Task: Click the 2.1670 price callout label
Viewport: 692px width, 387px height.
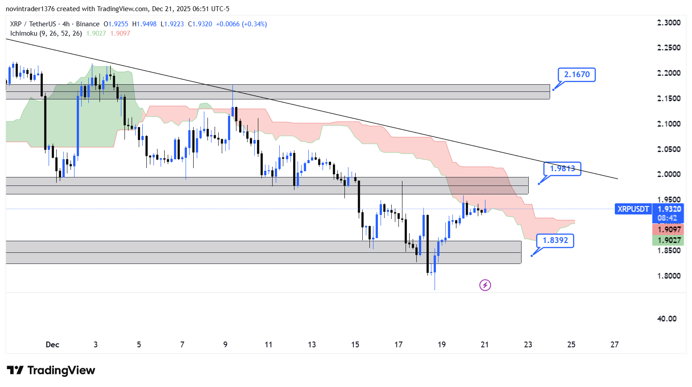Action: [x=576, y=74]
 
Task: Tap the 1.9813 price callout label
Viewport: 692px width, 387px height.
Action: [x=562, y=169]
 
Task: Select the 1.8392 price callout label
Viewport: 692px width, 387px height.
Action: [x=555, y=240]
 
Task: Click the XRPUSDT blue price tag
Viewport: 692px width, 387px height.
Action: [x=633, y=209]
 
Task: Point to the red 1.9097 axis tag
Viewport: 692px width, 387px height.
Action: [x=667, y=230]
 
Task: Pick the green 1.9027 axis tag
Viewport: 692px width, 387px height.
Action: [x=667, y=240]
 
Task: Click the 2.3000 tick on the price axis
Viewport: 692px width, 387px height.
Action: [x=669, y=23]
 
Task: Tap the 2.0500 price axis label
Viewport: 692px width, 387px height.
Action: [x=669, y=149]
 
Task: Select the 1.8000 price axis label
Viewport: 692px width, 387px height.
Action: [x=669, y=276]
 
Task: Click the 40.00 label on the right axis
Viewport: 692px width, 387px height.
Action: [x=667, y=319]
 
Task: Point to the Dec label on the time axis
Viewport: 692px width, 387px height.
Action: [x=52, y=345]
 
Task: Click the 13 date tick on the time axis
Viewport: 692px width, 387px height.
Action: [x=311, y=345]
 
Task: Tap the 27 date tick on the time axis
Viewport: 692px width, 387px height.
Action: [x=614, y=345]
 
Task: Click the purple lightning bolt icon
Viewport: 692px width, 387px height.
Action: [x=485, y=285]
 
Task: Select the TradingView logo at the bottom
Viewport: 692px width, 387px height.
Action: [x=51, y=371]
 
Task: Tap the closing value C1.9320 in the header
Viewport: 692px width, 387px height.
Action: [x=200, y=24]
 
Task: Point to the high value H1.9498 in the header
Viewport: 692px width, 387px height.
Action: [x=144, y=24]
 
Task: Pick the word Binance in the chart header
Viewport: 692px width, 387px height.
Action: [x=87, y=24]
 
